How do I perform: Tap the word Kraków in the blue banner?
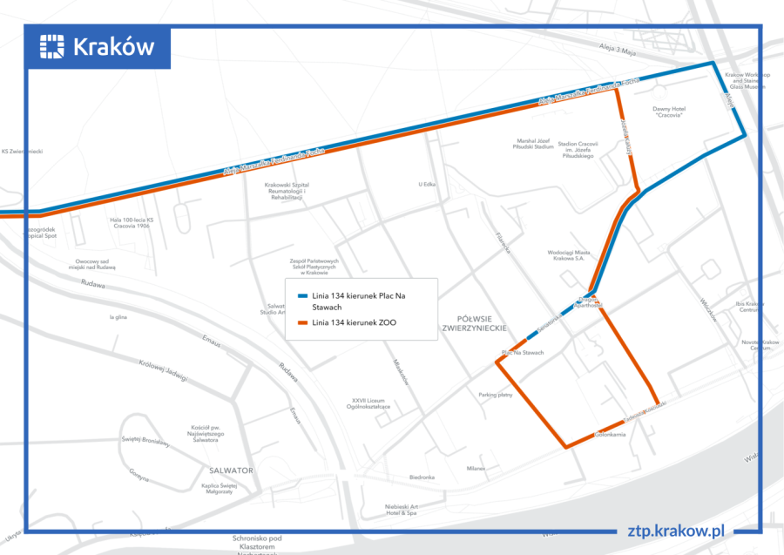click(x=114, y=46)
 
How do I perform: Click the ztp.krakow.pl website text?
click(x=676, y=531)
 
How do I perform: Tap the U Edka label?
click(x=426, y=184)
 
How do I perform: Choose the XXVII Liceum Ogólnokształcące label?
click(x=370, y=403)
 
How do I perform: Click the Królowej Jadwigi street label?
click(x=163, y=369)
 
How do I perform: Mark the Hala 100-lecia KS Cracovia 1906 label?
click(x=132, y=223)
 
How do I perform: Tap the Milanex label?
click(x=476, y=468)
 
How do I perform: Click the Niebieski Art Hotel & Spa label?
click(x=402, y=510)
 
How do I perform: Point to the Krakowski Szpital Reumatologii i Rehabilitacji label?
click(x=287, y=191)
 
